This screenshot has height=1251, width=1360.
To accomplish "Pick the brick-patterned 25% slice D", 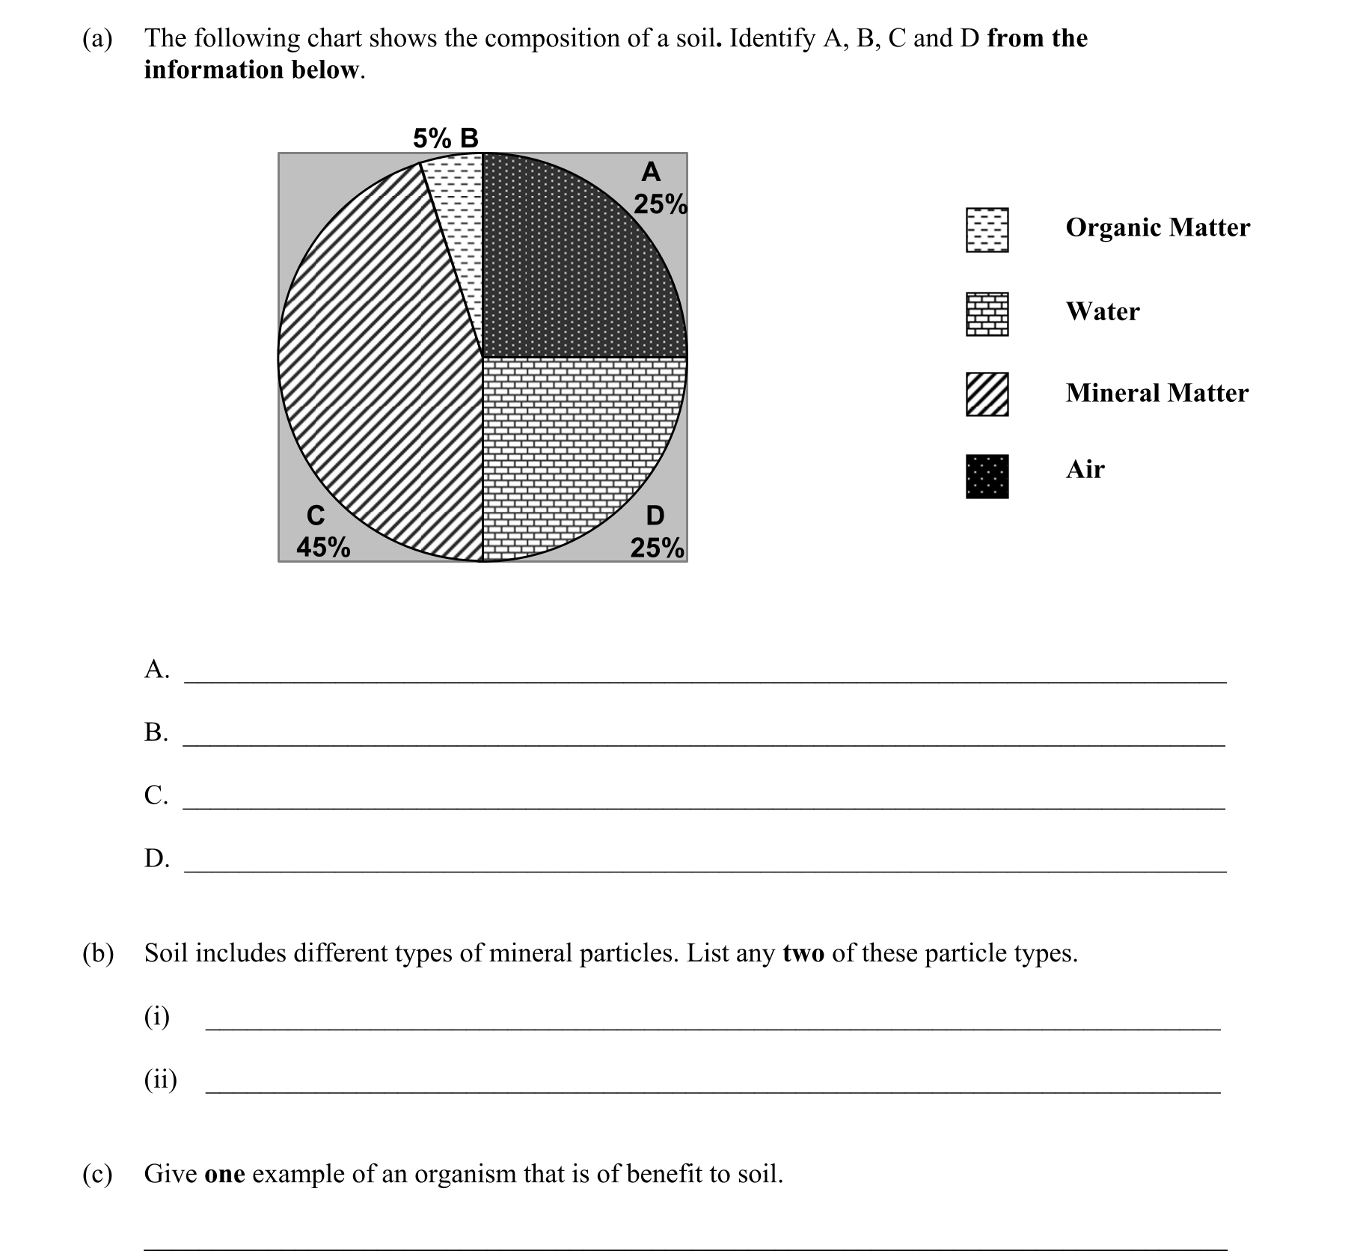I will [x=569, y=449].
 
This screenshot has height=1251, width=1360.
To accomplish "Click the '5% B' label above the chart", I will [x=445, y=138].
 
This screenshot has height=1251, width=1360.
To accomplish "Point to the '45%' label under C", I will [x=323, y=547].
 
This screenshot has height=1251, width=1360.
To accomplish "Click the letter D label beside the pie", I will [x=655, y=516].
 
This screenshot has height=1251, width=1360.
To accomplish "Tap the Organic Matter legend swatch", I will [x=987, y=230].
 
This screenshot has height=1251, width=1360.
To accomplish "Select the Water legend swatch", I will [x=987, y=314].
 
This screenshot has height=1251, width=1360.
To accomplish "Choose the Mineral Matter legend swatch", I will [x=987, y=394].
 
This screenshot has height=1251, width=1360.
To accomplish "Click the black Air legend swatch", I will [x=987, y=477].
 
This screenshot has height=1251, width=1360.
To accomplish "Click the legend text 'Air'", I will [x=1085, y=469].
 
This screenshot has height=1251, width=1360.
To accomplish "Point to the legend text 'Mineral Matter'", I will [x=1157, y=393].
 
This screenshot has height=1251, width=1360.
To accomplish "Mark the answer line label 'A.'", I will [x=156, y=668].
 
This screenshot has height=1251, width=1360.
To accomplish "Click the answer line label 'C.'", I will [x=156, y=794].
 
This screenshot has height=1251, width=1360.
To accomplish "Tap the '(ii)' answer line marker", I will [x=160, y=1079].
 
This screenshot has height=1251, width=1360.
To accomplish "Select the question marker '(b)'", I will [x=98, y=952].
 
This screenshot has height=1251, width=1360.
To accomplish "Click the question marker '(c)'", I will [x=97, y=1173].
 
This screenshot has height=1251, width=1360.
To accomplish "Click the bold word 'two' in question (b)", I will [x=803, y=953].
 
